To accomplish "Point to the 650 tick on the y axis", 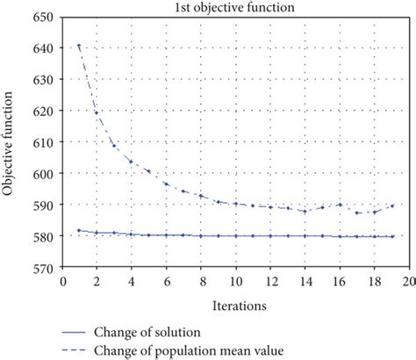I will click(x=42, y=17).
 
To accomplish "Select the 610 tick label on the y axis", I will click(x=42, y=142).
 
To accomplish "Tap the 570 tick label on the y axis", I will click(x=42, y=268).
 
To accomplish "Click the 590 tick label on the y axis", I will click(x=42, y=205).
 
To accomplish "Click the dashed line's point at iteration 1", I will click(x=80, y=47).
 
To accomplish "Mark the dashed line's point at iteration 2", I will click(x=97, y=112).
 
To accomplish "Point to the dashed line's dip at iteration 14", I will click(x=305, y=212).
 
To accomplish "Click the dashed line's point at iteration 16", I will click(x=340, y=205).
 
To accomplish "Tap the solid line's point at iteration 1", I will click(x=80, y=231).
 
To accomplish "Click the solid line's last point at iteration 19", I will click(x=391, y=236).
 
